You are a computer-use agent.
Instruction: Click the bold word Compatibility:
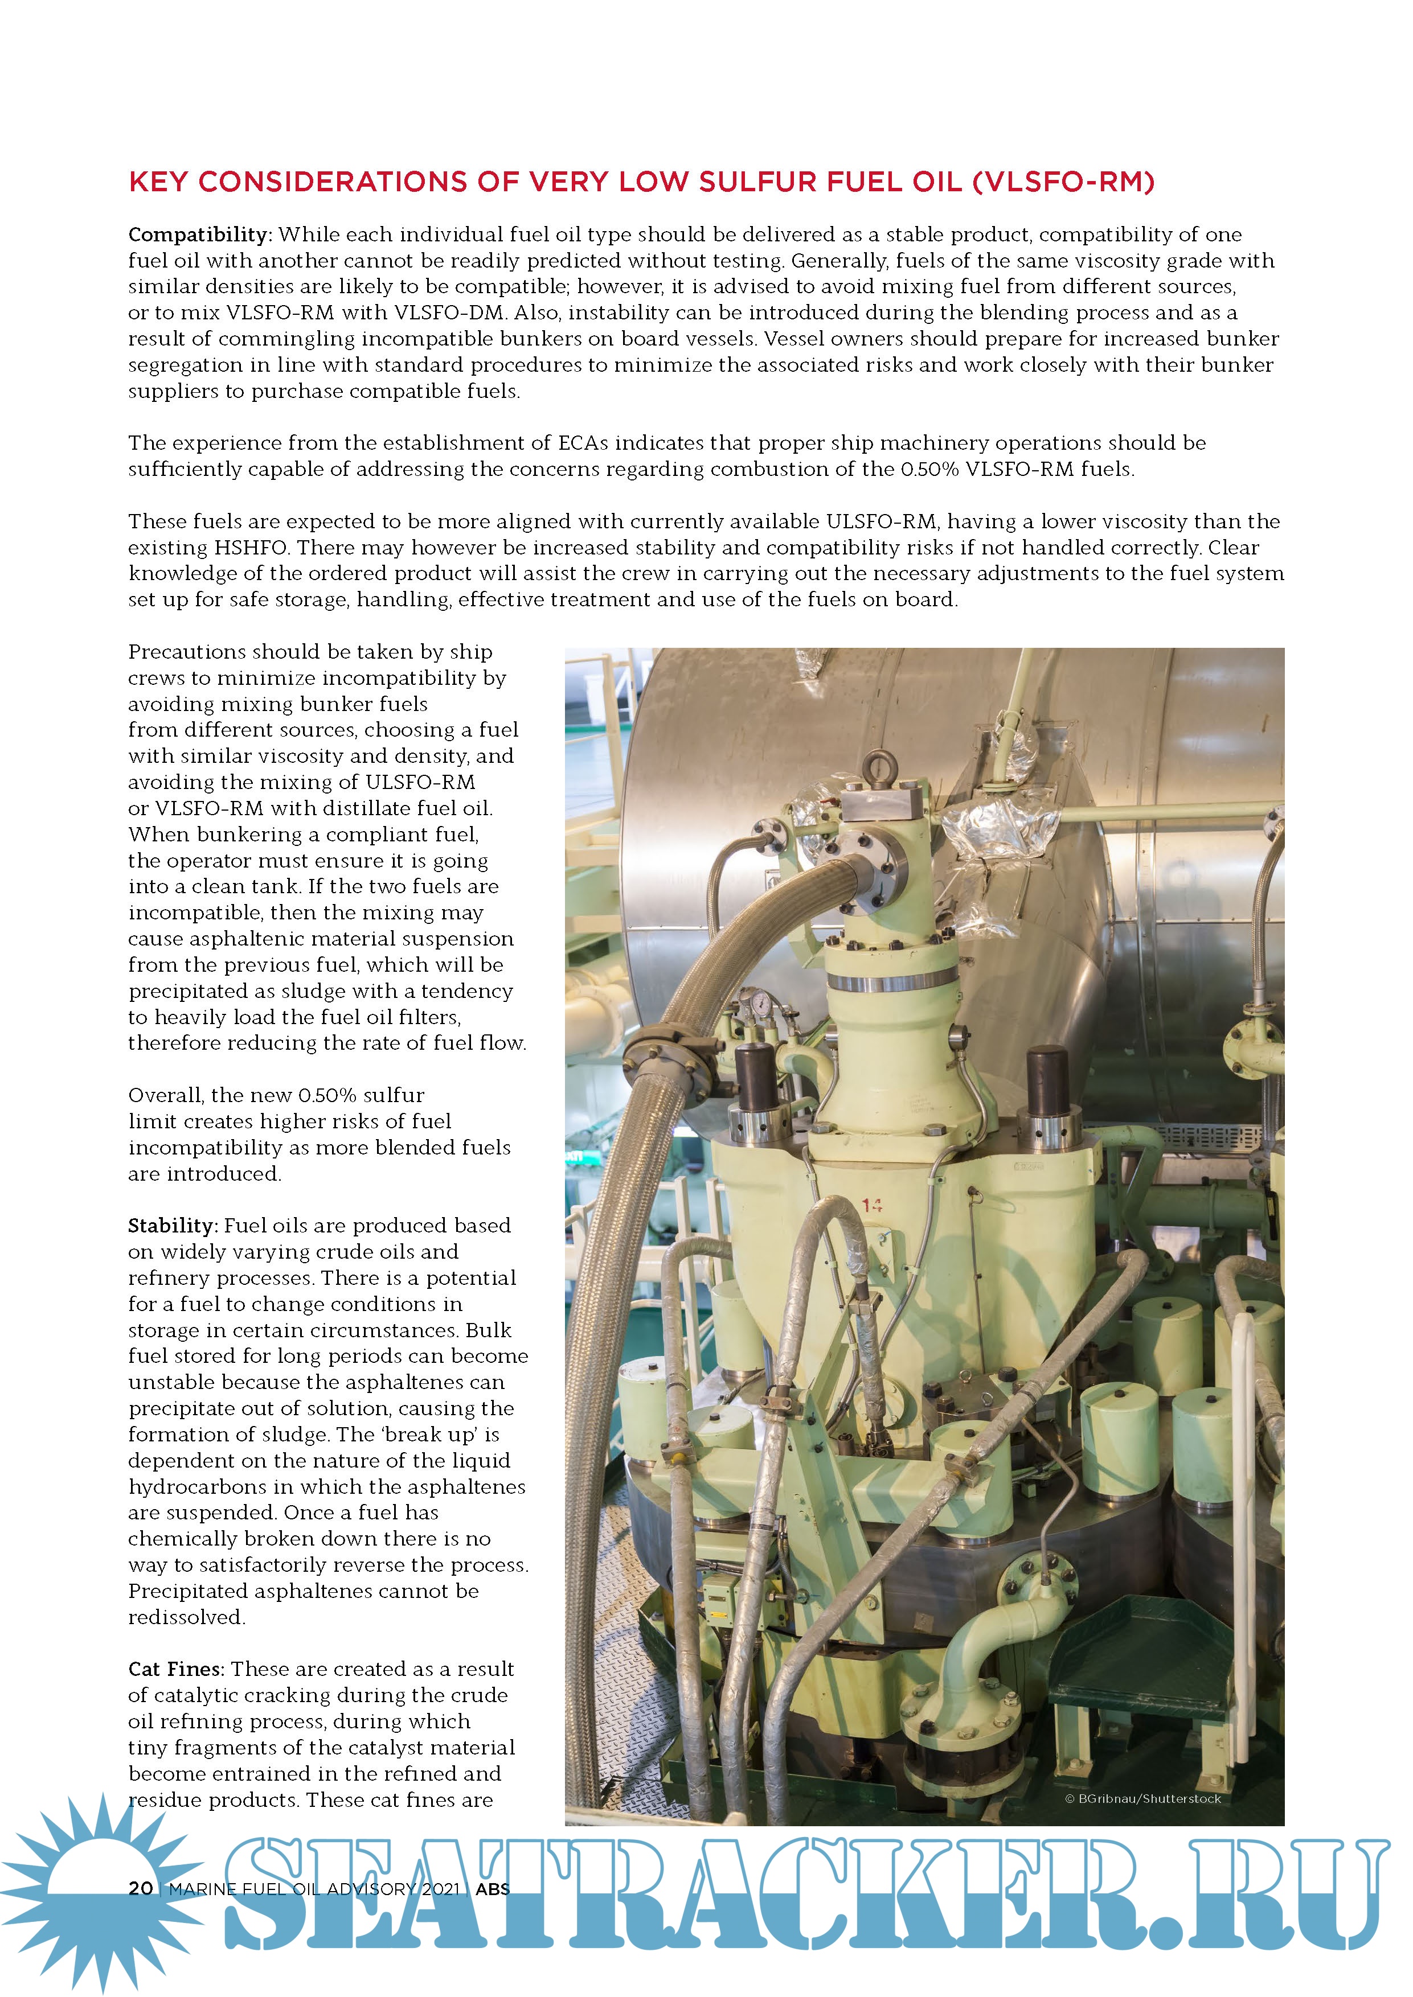pyautogui.click(x=200, y=235)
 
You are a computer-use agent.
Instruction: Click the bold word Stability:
pyautogui.click(x=172, y=1226)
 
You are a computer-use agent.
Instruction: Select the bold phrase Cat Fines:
pyautogui.click(x=176, y=1669)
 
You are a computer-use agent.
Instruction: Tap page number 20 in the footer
pyautogui.click(x=141, y=1888)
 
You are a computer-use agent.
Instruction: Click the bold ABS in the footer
pyautogui.click(x=493, y=1888)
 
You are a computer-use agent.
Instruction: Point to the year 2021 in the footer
pyautogui.click(x=440, y=1888)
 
